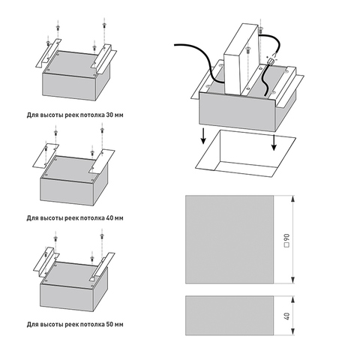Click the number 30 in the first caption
click(110, 115)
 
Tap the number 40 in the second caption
click(110, 218)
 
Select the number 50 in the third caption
click(110, 325)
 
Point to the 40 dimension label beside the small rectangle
click(286, 316)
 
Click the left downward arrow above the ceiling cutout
click(203, 136)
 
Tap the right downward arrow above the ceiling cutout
click(274, 142)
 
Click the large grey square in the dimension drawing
click(229, 239)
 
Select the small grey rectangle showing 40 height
click(229, 316)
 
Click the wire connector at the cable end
click(271, 61)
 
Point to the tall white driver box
click(240, 59)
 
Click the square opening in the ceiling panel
click(246, 153)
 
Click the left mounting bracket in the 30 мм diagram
click(48, 53)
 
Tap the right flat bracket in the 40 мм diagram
click(102, 161)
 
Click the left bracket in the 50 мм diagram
click(46, 262)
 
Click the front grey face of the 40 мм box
click(67, 191)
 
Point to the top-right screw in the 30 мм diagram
click(104, 25)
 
